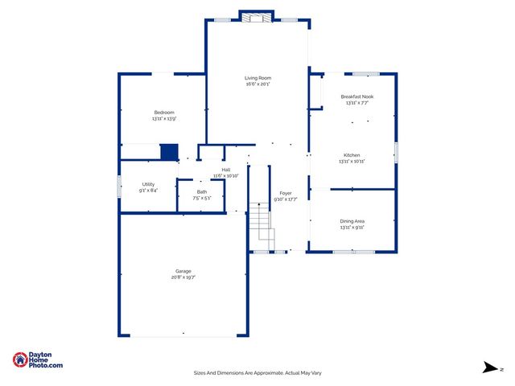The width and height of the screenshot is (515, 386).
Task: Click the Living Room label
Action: pos(257,78)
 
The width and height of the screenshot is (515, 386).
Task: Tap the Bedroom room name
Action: pos(164,112)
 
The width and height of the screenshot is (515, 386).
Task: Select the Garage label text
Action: pos(183,271)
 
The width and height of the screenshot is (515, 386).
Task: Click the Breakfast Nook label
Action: pos(356,96)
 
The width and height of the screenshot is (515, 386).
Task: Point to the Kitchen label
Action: pos(352,154)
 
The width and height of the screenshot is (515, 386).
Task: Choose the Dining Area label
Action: pos(352,220)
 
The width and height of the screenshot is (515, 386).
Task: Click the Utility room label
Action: pos(148,184)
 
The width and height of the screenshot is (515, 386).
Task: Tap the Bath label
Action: pos(201,191)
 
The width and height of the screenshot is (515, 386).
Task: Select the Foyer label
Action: pos(285,193)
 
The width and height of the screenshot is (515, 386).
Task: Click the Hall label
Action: pos(226,170)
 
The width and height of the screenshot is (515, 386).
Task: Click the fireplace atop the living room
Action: pos(257,17)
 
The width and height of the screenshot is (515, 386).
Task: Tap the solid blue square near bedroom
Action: pos(169,152)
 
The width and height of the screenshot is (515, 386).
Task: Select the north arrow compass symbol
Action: pos(490,368)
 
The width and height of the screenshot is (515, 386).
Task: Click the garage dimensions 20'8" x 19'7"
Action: pos(183,277)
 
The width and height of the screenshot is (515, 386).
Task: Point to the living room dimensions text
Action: pos(257,84)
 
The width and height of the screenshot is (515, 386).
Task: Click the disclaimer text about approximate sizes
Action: pos(257,372)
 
